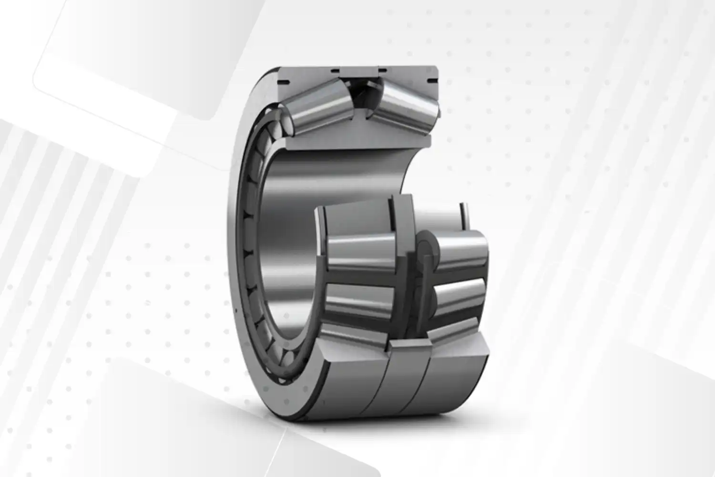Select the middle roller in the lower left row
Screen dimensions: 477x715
[360, 255]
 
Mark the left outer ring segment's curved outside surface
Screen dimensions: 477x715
[348, 386]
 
